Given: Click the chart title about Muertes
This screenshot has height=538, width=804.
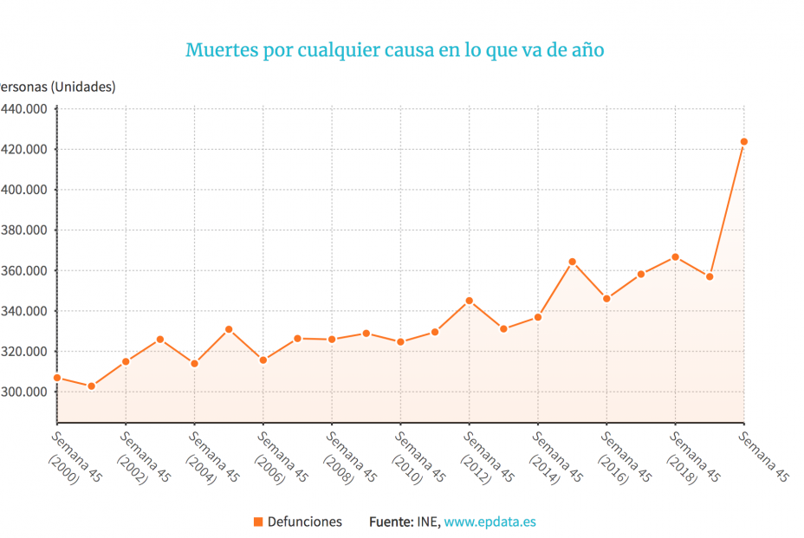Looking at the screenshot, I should coord(394,49).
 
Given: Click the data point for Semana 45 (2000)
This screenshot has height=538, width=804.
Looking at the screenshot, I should coord(57,378).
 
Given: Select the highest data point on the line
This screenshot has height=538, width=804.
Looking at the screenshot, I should coord(743,141).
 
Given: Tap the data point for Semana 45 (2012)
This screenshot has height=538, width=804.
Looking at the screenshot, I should coord(469,301).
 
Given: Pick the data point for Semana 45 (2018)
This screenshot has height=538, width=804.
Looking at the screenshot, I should coord(675,257).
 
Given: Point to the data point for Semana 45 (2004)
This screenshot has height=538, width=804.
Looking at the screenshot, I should coord(194,364).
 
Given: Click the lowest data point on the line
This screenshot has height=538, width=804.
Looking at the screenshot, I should coord(91,386).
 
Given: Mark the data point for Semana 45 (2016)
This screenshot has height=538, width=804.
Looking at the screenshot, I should coord(606,299).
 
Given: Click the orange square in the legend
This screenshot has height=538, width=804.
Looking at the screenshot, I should coord(257,522).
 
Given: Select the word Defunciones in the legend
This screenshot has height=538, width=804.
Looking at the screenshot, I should coord(304,522).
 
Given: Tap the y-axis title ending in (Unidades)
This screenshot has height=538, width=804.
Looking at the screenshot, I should coord(57,87).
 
